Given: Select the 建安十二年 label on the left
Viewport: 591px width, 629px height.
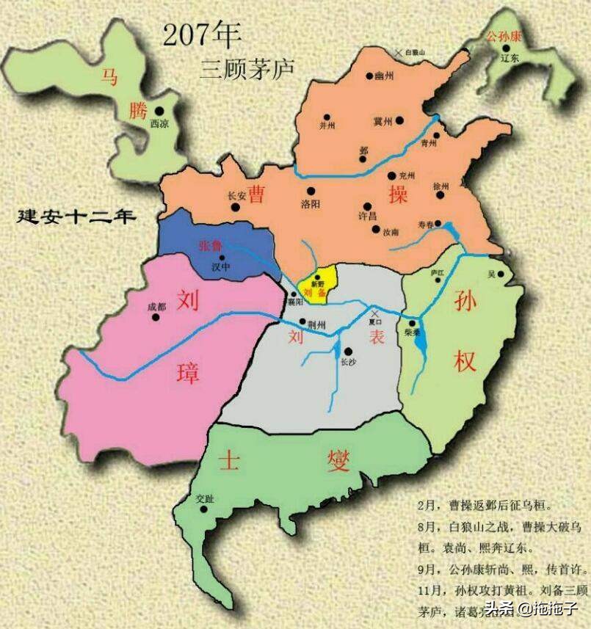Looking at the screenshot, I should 79,217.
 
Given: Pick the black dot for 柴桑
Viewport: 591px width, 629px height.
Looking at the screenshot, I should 413,324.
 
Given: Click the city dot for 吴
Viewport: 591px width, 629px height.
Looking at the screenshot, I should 501,274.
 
